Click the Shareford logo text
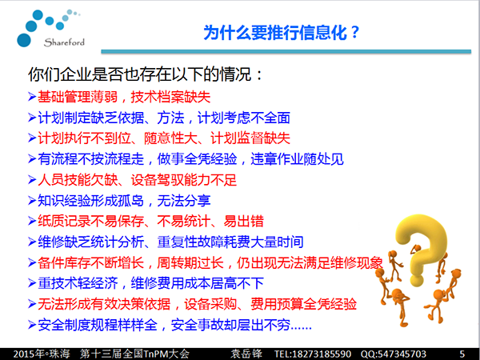tap(64, 42)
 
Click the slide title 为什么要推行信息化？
tap(282, 33)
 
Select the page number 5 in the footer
tap(462, 354)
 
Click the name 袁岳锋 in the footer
tap(246, 354)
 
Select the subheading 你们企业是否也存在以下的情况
tap(139, 74)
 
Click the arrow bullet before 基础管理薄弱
tap(32, 97)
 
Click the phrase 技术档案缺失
tap(170, 97)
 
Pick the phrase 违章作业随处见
tap(297, 159)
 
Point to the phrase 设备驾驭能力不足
tap(184, 180)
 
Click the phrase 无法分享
tap(184, 201)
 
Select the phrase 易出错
tap(244, 222)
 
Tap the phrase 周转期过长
tap(190, 263)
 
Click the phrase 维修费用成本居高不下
tap(197, 283)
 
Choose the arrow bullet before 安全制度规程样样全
tap(32, 325)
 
